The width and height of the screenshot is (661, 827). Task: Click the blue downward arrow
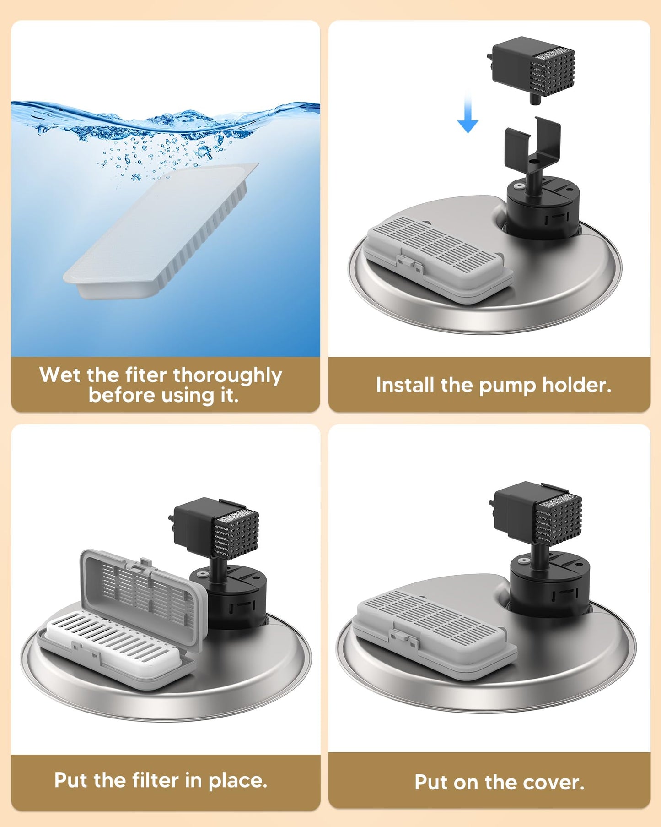(x=468, y=112)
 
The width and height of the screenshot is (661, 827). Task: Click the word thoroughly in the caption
(x=227, y=376)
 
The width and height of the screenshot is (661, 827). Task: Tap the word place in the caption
(x=238, y=781)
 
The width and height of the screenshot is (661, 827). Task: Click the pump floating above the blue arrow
(x=531, y=69)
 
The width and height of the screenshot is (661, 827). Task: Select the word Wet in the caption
(x=60, y=375)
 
